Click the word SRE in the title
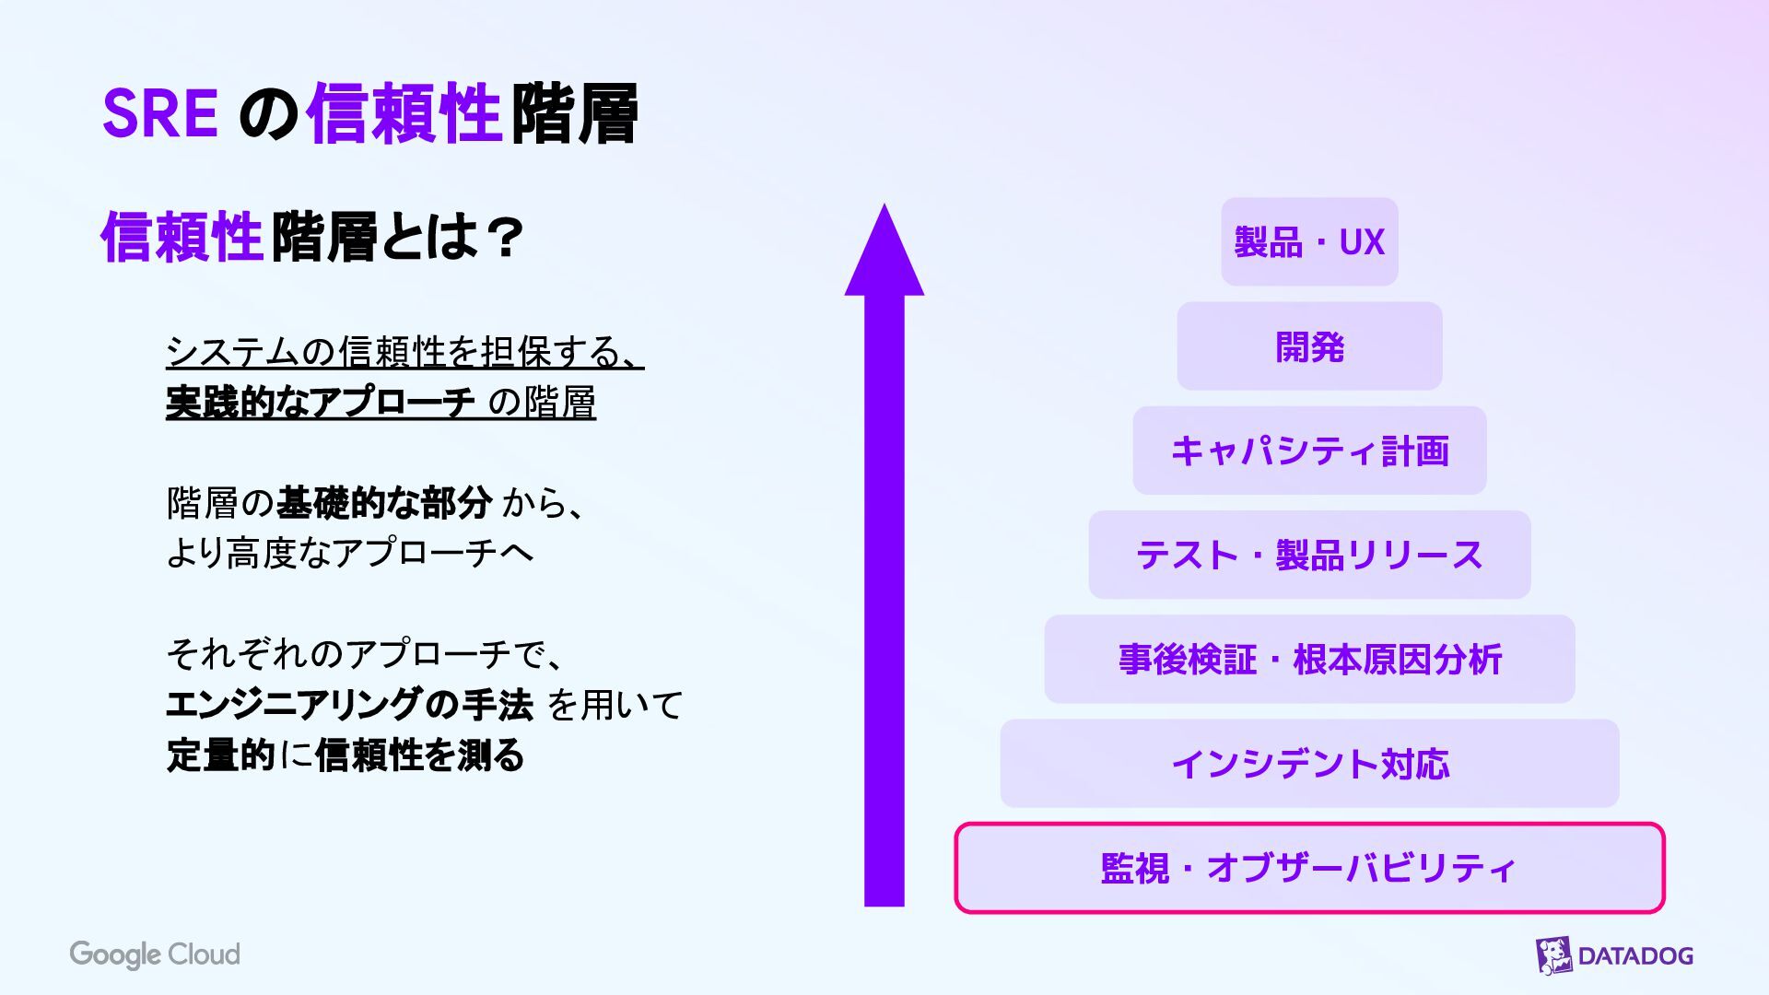pos(159,114)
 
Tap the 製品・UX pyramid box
pos(1309,242)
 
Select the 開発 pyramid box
pos(1309,346)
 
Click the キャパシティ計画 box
pos(1309,451)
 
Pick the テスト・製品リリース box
pos(1309,555)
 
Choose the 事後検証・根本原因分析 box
pos(1309,660)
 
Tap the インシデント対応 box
pos(1309,764)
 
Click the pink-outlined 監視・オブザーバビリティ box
pos(1309,868)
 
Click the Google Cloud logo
pos(155,954)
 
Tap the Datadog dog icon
pos(1553,955)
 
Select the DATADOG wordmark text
pos(1635,956)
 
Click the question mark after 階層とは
pos(504,238)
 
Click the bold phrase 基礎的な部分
pos(383,503)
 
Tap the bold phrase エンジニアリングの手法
pos(349,705)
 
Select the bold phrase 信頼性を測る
pos(419,755)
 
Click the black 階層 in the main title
pos(574,114)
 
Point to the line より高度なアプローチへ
pos(349,553)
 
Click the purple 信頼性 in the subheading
pos(182,238)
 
